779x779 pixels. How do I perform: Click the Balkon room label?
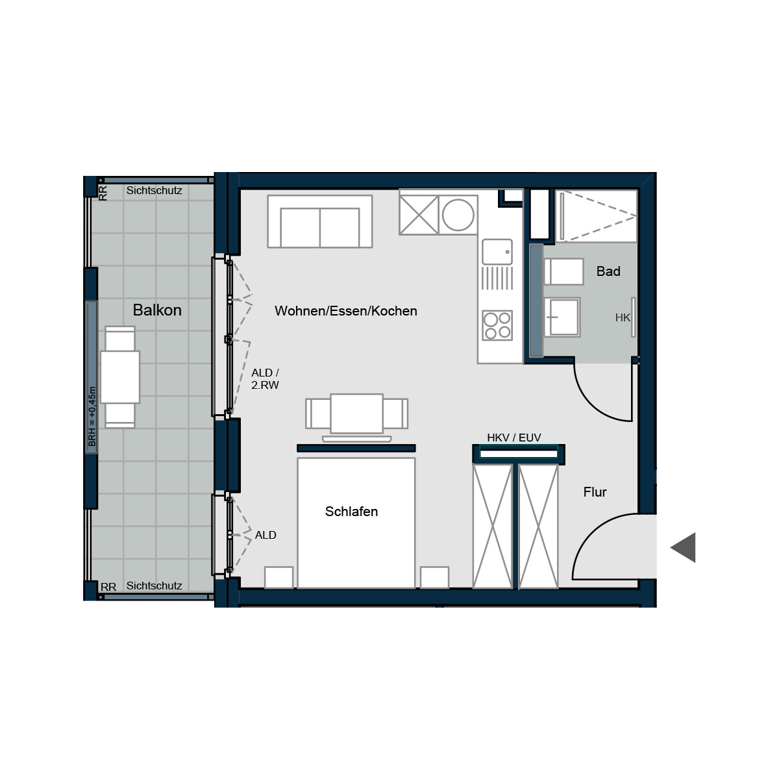157,310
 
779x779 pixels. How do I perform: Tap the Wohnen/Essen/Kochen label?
345,311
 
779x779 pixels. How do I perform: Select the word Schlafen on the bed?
351,512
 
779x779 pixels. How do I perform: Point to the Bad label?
608,271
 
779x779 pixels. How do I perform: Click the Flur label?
595,492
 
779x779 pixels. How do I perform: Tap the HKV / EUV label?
513,438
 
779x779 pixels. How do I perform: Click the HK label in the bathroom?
623,317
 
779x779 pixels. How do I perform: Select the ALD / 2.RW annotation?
266,378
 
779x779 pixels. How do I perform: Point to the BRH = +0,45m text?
92,416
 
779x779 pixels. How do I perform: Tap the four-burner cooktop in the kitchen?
497,325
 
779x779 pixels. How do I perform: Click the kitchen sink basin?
497,252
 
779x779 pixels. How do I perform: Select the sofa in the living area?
320,221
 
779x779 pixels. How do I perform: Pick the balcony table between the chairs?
120,377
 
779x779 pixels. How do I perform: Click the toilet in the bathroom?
564,271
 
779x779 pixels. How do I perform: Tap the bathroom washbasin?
562,317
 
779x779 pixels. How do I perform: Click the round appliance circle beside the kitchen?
458,215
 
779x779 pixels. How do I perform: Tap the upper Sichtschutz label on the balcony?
154,190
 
